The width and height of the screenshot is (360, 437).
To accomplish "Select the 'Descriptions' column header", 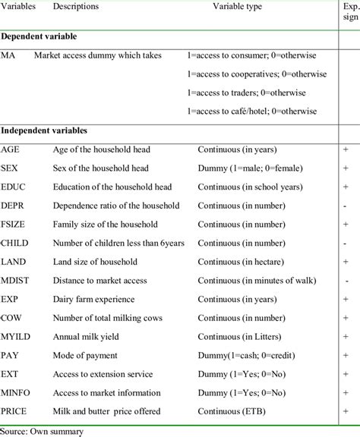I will pos(75,7).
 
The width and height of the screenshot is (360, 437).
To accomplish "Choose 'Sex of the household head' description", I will pos(100,168).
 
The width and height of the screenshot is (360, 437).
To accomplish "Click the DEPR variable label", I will pos(14,206).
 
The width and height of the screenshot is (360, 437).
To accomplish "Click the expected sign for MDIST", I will pos(346,280).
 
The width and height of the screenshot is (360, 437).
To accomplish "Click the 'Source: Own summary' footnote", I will pos(38,429).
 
